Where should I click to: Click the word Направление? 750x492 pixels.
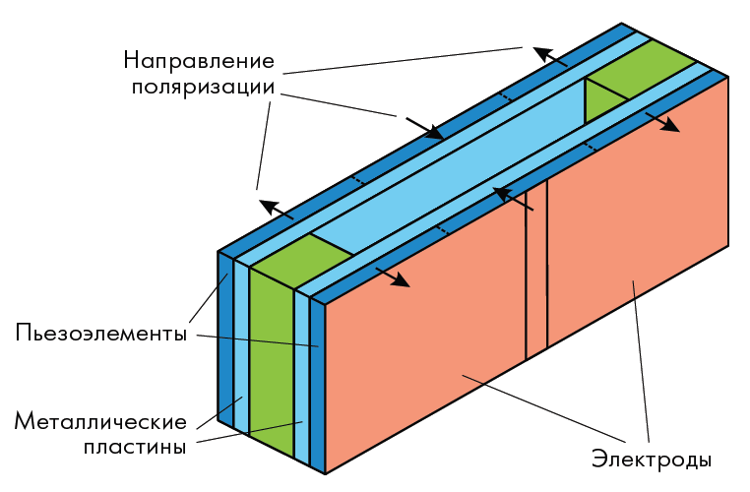click(199, 62)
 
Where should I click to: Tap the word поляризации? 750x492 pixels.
click(204, 88)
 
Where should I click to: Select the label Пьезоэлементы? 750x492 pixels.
click(101, 333)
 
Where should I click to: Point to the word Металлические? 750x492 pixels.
click(100, 422)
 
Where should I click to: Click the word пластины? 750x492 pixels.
click(135, 447)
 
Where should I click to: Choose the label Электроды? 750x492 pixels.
click(652, 460)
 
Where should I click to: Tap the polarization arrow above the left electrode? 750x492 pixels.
click(392, 277)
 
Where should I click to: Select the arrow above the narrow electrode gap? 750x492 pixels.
click(513, 199)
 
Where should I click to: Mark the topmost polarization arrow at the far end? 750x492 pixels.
click(550, 56)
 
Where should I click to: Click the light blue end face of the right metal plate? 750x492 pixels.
click(302, 378)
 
